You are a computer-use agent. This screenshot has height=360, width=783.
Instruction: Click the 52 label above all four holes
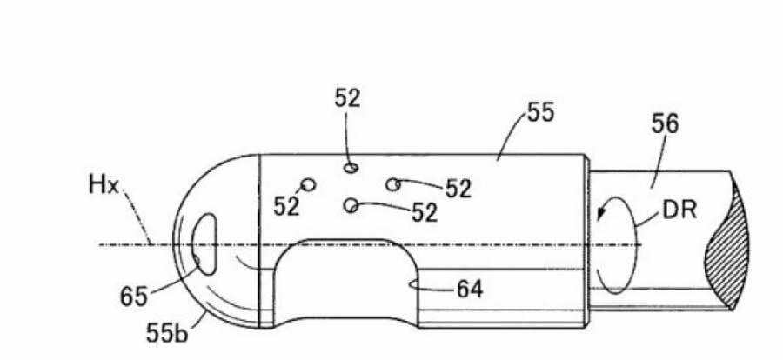(348, 98)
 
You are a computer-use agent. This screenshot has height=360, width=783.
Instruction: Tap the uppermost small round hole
(350, 166)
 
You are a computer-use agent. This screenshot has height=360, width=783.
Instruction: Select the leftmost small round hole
(306, 183)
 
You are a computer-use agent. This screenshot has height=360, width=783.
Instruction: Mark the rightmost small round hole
(393, 183)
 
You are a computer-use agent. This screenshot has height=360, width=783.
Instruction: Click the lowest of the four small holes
(351, 205)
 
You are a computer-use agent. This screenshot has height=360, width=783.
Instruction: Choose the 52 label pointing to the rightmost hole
(458, 189)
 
